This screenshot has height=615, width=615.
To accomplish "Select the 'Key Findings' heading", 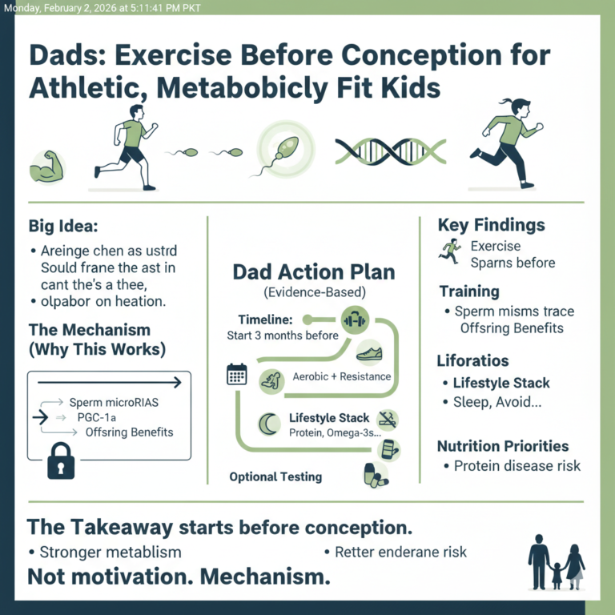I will coord(491,225).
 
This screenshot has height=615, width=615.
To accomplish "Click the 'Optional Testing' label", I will coord(275,476).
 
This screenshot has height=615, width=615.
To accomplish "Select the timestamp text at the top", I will coord(101,8).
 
